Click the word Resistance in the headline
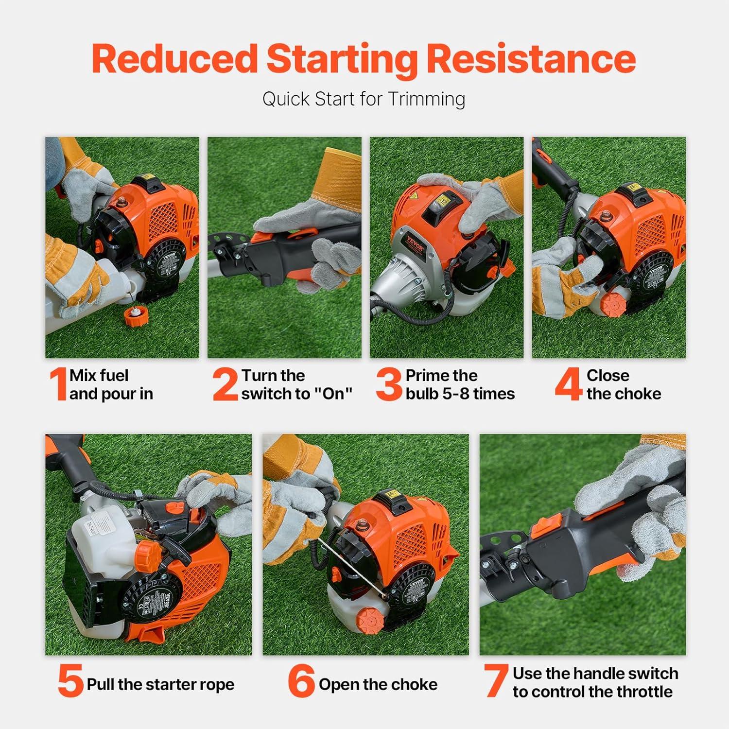point(531,59)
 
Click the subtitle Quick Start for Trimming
point(364,99)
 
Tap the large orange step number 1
point(58,384)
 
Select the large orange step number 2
point(225,384)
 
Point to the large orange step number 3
point(389,384)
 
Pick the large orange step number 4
point(568,384)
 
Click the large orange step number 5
point(70,681)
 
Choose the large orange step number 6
point(301,681)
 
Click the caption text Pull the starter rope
point(160,684)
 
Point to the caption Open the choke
point(378,684)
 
